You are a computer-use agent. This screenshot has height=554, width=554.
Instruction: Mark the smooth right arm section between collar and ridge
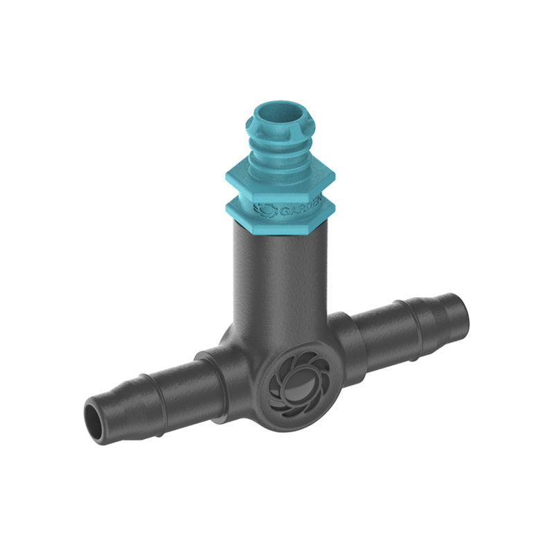(x=377, y=332)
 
